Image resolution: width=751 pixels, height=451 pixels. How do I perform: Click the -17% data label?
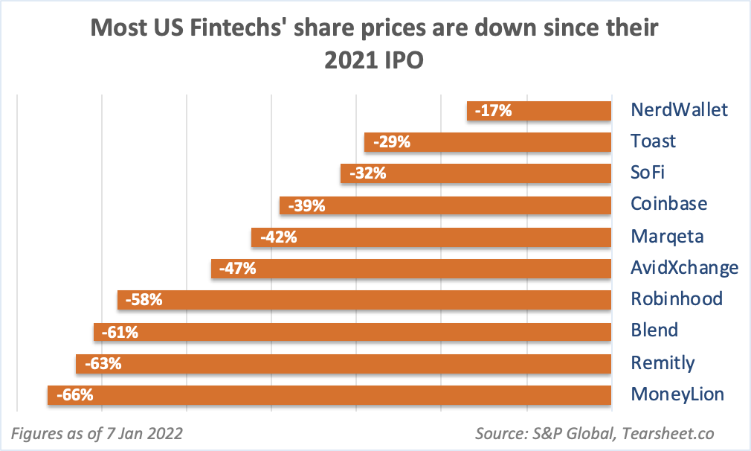coord(494,111)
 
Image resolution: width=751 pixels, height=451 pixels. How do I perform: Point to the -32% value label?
coord(369,173)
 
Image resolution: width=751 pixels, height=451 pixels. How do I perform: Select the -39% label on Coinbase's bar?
coord(308,205)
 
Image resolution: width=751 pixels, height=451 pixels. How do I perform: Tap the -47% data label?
coord(239,269)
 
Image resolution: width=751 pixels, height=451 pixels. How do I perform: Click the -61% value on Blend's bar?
coord(120,332)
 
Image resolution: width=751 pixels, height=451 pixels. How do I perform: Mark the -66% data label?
coord(75,395)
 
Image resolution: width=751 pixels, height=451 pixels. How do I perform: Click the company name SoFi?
coord(647,173)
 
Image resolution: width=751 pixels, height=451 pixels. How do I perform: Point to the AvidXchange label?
coord(684,268)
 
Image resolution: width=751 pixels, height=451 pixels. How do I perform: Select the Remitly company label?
coord(662,363)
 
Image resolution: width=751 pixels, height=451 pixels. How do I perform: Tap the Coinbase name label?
coord(668,204)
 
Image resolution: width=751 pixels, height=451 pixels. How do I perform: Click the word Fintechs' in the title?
coord(231,29)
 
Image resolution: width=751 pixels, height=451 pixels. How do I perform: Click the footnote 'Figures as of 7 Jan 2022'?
coord(97,432)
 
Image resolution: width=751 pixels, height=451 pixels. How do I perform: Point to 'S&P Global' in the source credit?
coord(572,433)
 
